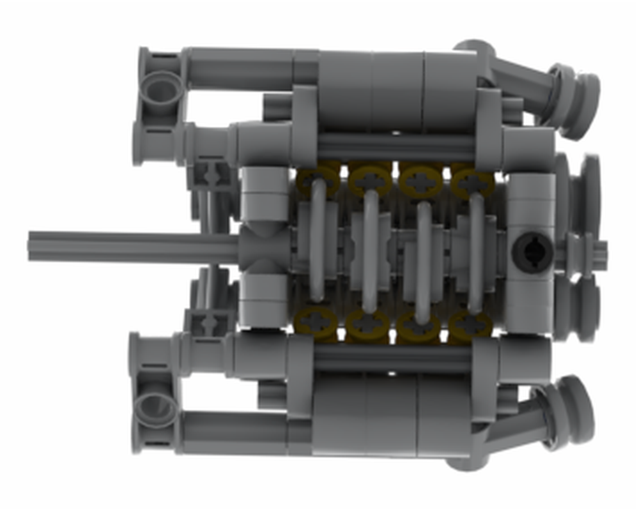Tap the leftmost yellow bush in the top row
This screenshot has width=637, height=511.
coord(318,181)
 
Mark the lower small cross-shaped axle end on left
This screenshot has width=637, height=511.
coord(209,323)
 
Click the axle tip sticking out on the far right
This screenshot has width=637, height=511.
coord(601,252)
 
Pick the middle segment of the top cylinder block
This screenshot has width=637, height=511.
coord(397,89)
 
